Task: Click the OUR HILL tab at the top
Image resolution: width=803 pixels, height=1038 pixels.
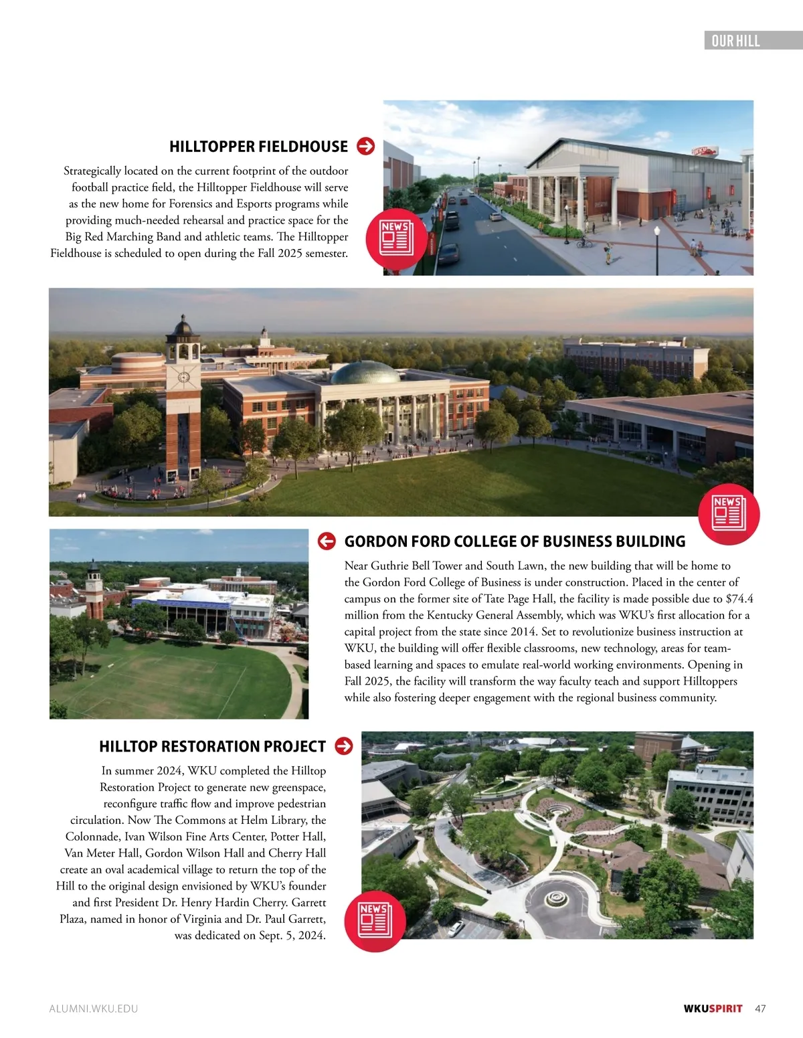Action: (735, 41)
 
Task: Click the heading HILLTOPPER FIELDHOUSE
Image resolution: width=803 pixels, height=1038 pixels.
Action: (258, 147)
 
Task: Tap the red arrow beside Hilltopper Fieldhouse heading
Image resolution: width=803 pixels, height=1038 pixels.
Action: (366, 146)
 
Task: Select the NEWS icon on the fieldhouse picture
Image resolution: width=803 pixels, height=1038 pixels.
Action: (397, 239)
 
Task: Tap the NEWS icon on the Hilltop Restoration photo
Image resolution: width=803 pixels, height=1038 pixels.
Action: (375, 921)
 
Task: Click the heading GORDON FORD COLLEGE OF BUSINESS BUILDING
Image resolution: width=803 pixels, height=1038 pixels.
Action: (515, 541)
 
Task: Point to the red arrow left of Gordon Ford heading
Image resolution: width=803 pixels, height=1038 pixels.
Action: (327, 541)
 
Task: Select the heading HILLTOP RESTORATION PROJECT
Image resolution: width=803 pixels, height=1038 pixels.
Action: (212, 746)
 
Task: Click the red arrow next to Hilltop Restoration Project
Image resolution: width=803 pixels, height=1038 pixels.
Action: (344, 746)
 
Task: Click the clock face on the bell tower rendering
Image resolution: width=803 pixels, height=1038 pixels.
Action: (183, 377)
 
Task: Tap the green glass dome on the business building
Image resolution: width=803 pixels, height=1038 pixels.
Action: (365, 373)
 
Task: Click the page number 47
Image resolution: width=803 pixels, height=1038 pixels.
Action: (760, 1009)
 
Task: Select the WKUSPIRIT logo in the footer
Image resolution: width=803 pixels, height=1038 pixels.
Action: (713, 1009)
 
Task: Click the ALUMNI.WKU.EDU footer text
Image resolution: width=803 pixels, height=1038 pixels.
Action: (94, 1009)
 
